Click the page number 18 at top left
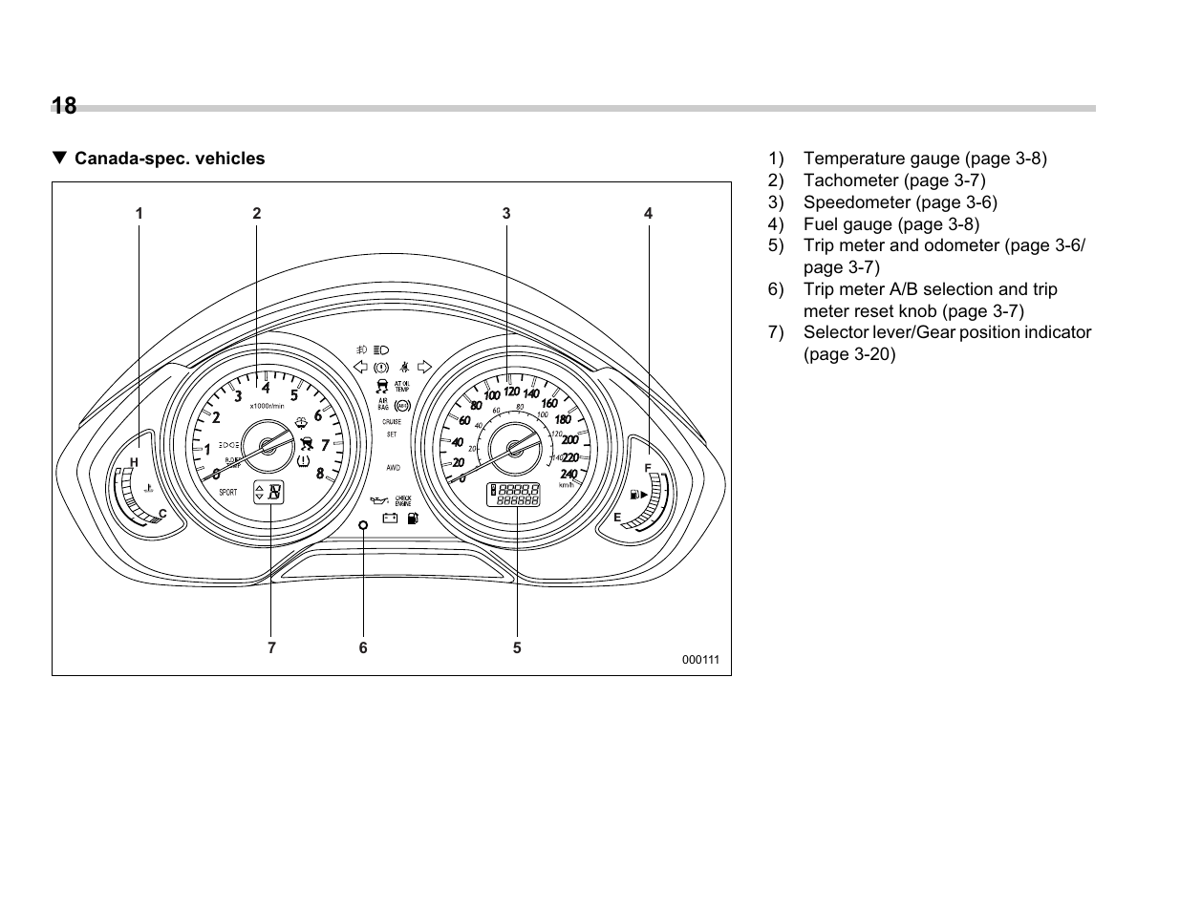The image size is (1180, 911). pos(65,106)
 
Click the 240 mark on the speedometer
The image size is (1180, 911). pos(569,475)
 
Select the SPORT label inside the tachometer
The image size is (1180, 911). pos(227,493)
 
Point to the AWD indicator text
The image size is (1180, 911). pos(393,468)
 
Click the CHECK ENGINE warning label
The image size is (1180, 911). pos(402,499)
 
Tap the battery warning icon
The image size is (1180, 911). pos(390,519)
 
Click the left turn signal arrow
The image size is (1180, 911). pos(360,367)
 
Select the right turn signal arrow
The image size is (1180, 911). pos(425,367)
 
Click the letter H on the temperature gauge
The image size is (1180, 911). pos(134,462)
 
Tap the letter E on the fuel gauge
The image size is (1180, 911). pos(617,517)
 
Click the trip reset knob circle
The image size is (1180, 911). pos(363,525)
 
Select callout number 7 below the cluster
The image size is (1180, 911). pos(271,647)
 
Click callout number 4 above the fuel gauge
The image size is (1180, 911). pos(648,214)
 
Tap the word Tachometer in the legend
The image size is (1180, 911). pos(847,180)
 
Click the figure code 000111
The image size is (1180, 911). pos(699,660)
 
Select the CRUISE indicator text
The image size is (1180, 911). pos(392,421)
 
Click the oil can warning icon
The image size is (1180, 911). pos(377,500)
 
